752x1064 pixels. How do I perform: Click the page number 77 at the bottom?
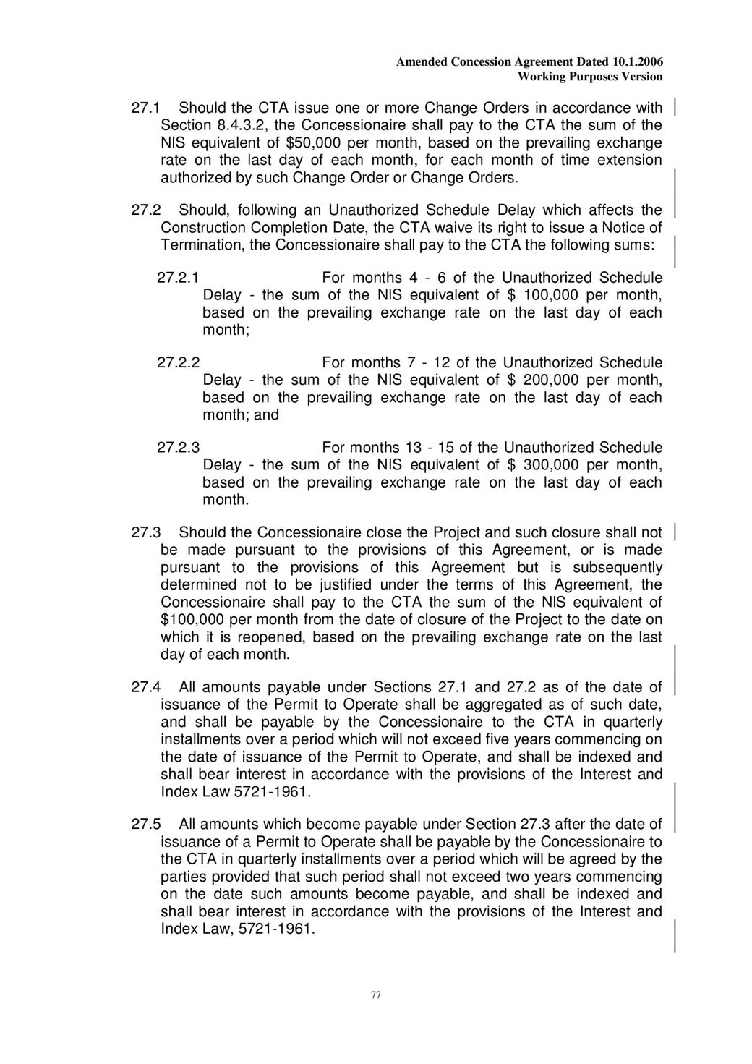tap(375, 995)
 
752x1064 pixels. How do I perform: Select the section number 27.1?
tap(145, 108)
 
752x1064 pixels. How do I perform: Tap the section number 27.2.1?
tap(178, 278)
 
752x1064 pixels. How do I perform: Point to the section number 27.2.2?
tap(178, 362)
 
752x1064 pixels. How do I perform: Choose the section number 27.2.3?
tap(178, 448)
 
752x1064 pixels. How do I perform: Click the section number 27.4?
tap(145, 687)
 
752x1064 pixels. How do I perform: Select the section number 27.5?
tap(145, 825)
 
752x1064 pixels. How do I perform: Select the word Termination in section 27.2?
tap(202, 245)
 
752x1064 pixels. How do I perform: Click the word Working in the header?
tap(542, 77)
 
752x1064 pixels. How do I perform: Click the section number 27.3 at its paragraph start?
tap(145, 533)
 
